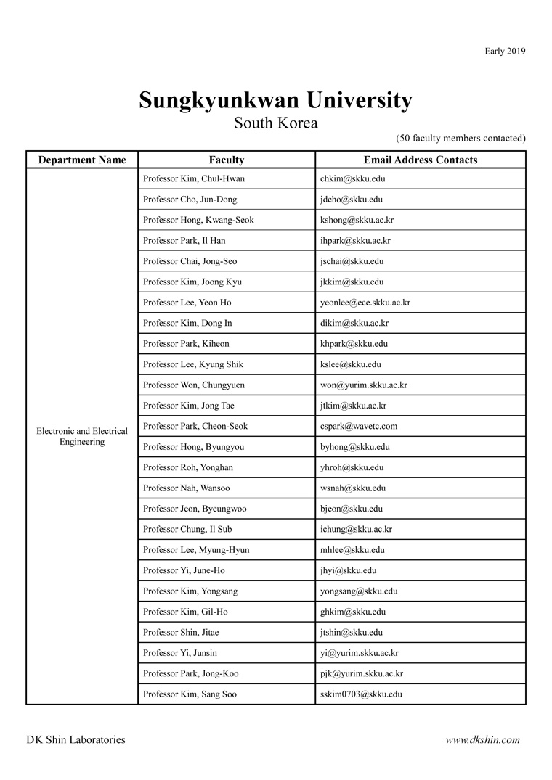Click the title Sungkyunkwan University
click(x=275, y=100)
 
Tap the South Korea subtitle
click(x=275, y=123)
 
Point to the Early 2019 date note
click(x=505, y=51)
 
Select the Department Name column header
click(x=82, y=160)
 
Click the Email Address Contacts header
click(x=421, y=160)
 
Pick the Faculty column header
click(x=227, y=160)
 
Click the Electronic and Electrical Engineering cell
click(x=82, y=436)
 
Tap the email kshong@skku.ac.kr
click(x=357, y=220)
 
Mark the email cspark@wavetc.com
click(x=359, y=426)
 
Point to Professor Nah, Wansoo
click(x=186, y=488)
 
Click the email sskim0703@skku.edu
click(x=361, y=694)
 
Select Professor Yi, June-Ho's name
click(x=184, y=570)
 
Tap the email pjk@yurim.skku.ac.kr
click(x=362, y=673)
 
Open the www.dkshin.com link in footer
click(x=483, y=740)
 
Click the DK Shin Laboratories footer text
click(x=76, y=740)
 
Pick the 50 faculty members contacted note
click(x=460, y=138)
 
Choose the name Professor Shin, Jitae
click(x=181, y=632)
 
